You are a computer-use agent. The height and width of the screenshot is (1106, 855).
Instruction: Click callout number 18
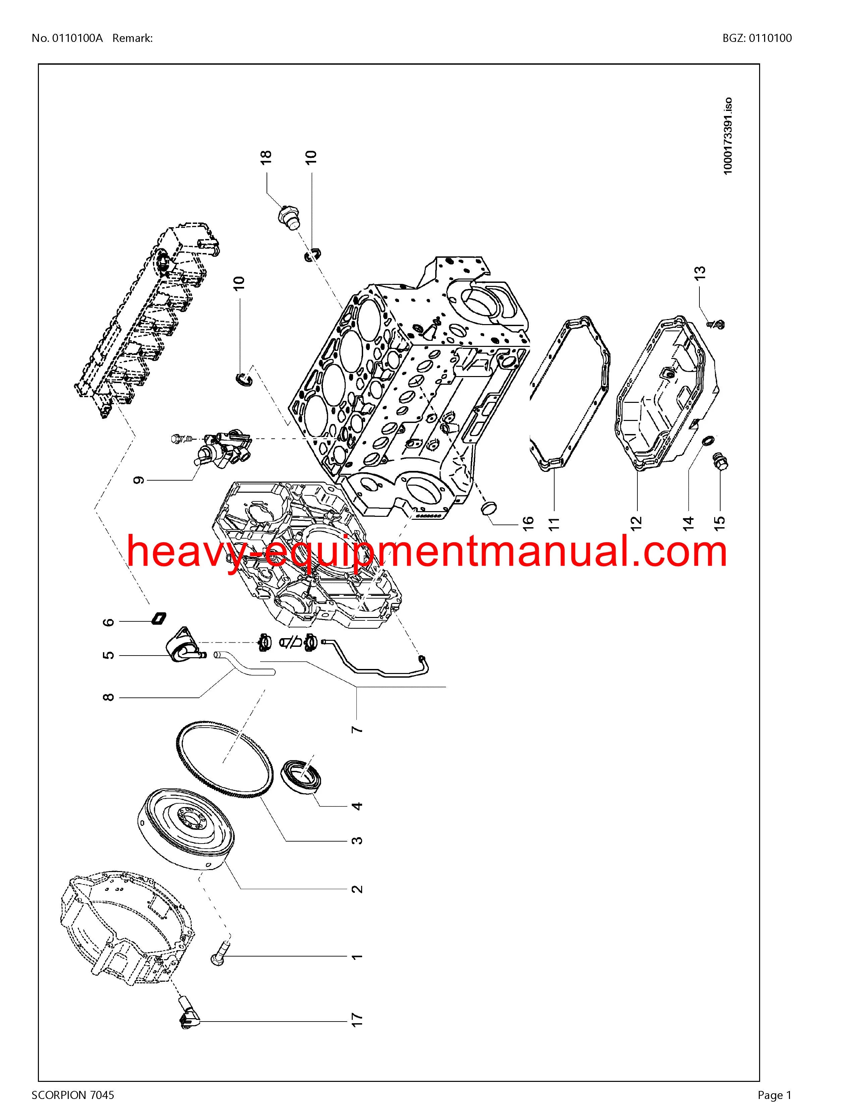tap(266, 157)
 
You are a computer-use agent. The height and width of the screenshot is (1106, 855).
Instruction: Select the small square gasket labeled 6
tap(159, 618)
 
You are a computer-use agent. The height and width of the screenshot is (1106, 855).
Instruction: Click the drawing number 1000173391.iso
tap(727, 136)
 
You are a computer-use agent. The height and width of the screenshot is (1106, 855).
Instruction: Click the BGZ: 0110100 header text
tap(757, 38)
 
